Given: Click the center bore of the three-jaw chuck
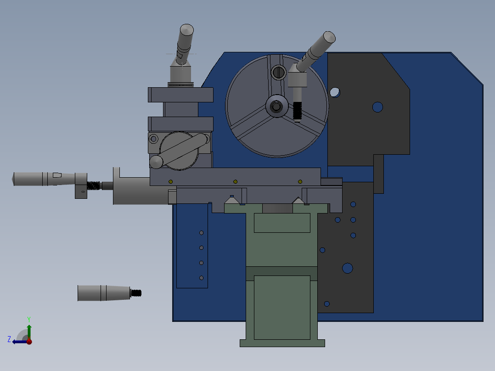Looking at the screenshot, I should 276,107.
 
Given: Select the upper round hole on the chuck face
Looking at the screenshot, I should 278,72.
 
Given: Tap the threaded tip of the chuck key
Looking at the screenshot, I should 297,112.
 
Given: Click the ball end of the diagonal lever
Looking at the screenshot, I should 156,162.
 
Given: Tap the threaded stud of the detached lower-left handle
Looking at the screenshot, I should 136,293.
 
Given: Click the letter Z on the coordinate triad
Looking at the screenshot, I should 9,339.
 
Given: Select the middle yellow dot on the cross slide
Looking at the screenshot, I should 235,182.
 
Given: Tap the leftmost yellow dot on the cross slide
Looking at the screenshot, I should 170,182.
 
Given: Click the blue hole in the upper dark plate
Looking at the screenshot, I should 377,107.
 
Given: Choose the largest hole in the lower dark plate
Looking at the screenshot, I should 347,268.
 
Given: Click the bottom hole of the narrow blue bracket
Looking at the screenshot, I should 201,278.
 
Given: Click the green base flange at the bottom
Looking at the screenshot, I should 282,343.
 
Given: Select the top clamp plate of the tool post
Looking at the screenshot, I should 180,95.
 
